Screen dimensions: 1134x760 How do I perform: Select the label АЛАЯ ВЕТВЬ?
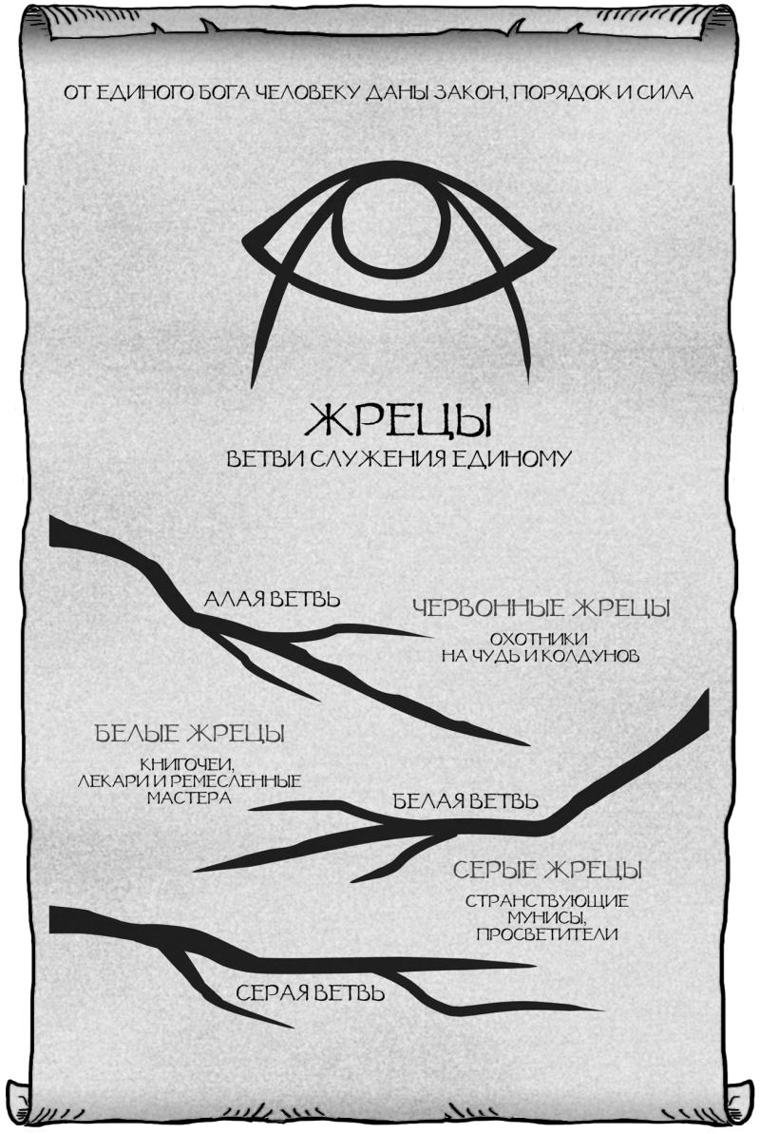pos(272,600)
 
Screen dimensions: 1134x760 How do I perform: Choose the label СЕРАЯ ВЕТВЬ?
pos(310,994)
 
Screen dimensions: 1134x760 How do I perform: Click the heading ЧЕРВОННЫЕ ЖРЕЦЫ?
pos(541,607)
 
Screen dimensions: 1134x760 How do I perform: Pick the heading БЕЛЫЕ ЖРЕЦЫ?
pos(190,735)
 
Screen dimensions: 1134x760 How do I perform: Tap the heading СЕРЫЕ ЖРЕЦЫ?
pos(547,870)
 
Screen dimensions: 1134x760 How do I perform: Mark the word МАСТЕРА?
pos(190,798)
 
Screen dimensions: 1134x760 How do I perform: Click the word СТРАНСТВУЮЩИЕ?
pos(547,901)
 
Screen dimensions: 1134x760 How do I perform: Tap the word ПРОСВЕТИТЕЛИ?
pos(547,934)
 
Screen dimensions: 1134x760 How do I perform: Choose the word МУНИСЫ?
pos(547,918)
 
